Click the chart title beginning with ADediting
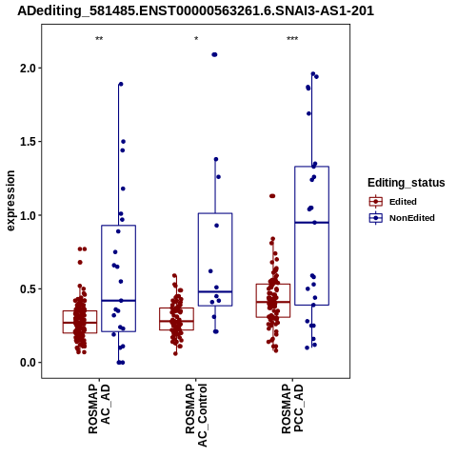click(x=195, y=10)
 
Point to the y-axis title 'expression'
click(x=10, y=201)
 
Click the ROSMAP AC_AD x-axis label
click(x=99, y=408)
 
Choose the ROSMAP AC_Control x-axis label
click(x=196, y=415)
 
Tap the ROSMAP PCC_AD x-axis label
click(x=292, y=408)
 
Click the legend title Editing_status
click(x=407, y=183)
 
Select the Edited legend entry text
click(x=403, y=202)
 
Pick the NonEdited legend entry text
click(x=412, y=218)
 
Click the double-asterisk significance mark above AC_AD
click(x=99, y=39)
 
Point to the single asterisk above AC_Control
click(x=196, y=39)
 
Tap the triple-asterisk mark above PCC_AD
click(x=292, y=39)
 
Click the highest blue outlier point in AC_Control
click(x=214, y=54)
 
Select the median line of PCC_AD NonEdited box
click(x=311, y=223)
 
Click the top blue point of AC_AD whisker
click(x=121, y=84)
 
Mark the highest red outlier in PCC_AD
click(x=272, y=196)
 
